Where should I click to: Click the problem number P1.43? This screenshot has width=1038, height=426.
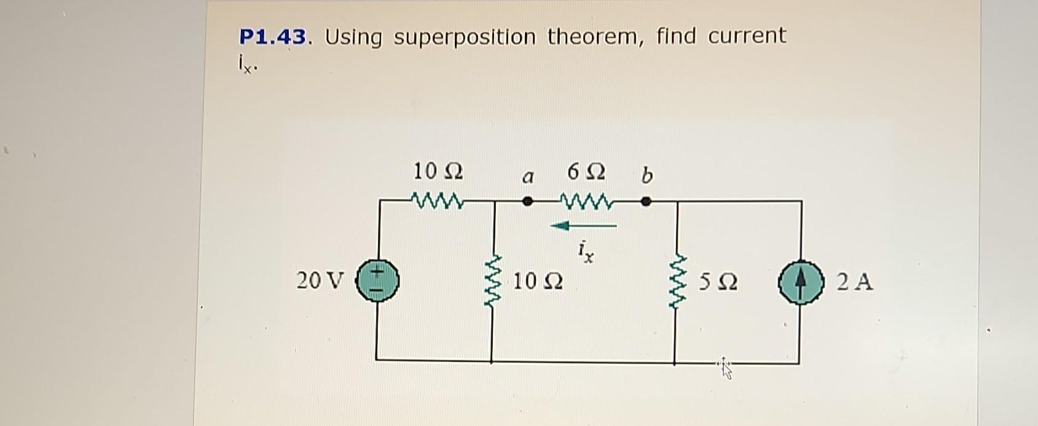[272, 37]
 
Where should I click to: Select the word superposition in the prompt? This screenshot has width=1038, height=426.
[464, 37]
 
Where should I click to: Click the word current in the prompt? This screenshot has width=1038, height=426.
[747, 36]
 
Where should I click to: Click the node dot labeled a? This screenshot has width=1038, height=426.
[527, 200]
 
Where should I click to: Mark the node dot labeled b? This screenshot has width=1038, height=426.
[645, 200]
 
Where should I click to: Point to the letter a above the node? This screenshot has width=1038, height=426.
[526, 178]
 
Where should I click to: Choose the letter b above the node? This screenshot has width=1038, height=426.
[646, 175]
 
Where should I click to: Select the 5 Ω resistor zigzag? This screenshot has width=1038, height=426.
[677, 283]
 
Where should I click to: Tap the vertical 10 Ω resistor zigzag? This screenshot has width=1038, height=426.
[493, 283]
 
